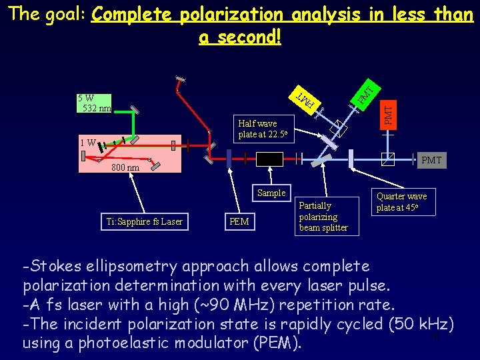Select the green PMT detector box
point(365,92)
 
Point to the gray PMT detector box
point(431,161)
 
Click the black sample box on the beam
point(270,159)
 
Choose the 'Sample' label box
point(271,193)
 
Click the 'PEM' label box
point(239,221)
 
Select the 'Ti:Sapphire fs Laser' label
point(144,221)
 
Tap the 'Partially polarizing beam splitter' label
point(323,217)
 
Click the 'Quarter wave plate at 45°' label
point(401,201)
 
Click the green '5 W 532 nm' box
point(94,103)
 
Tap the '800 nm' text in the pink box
point(125,167)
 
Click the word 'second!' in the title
point(240,37)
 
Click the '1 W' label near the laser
point(87,142)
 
